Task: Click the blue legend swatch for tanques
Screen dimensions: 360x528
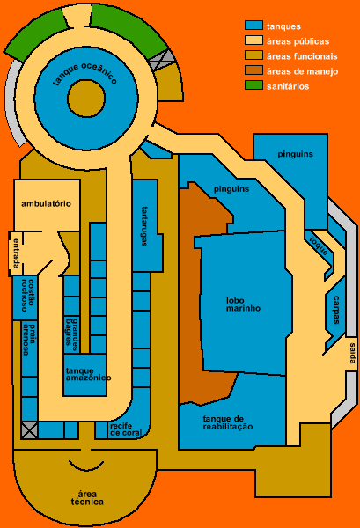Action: [253, 26]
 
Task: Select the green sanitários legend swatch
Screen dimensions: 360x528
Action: [253, 85]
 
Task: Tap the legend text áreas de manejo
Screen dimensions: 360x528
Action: [303, 71]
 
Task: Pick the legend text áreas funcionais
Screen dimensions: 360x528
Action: [302, 56]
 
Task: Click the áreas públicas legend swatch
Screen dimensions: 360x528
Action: [253, 40]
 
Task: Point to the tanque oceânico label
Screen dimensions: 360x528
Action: [84, 74]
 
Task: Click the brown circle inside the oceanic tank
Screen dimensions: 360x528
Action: [86, 99]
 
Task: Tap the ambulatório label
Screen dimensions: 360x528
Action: [46, 204]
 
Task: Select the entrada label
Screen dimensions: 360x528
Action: [16, 253]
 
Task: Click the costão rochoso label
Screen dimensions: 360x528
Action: [28, 295]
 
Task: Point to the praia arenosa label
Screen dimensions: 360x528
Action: [29, 340]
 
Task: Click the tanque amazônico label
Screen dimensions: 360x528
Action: [88, 374]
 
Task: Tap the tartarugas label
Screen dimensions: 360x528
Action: [145, 226]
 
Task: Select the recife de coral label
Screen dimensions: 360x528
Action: [126, 429]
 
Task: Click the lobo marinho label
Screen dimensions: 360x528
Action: [243, 304]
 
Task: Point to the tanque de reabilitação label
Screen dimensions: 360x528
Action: [228, 422]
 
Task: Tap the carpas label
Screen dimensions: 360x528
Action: [336, 310]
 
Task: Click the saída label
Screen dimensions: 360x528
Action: [352, 353]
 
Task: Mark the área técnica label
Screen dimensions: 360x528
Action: [87, 498]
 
